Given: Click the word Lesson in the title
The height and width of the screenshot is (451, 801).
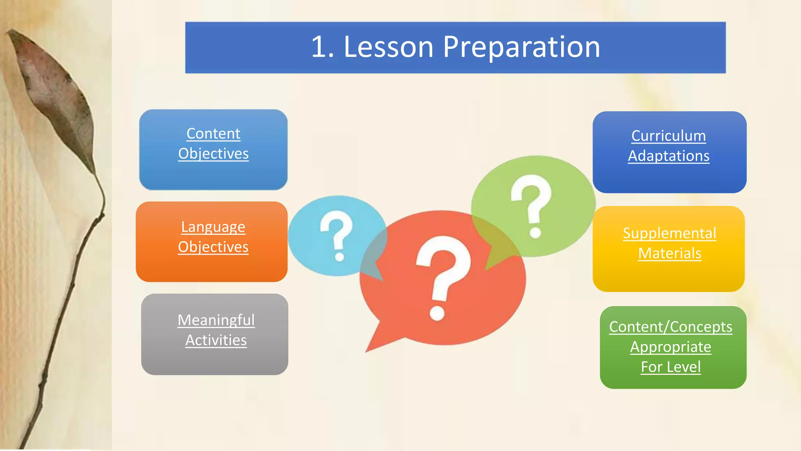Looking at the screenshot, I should click(x=388, y=47).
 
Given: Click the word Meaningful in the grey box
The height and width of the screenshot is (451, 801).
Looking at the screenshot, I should click(x=216, y=320).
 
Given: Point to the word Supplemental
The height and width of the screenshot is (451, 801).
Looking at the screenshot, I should click(x=669, y=233).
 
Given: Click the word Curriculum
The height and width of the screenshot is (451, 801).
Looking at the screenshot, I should click(x=668, y=136).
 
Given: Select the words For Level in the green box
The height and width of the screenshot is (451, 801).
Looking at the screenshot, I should click(x=670, y=367).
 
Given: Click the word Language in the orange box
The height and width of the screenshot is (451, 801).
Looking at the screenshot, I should click(x=213, y=227).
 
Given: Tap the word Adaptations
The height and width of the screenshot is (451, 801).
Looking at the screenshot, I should click(x=668, y=156).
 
